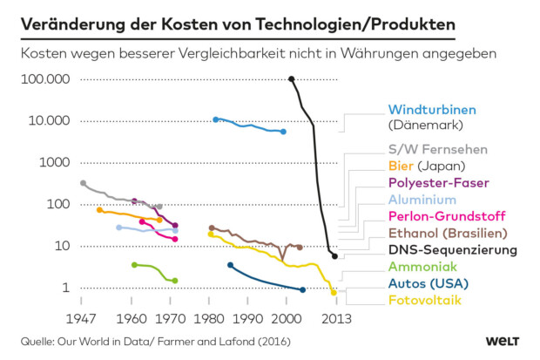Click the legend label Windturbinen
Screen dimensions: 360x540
[432, 110]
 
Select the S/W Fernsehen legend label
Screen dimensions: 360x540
[437, 150]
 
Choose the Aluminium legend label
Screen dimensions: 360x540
[422, 200]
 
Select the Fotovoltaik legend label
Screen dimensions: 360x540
[425, 300]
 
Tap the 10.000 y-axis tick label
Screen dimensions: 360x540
[49, 120]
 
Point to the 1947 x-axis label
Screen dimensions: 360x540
[82, 317]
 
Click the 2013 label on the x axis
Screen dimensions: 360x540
[337, 317]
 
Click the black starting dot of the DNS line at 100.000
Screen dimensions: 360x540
[291, 79]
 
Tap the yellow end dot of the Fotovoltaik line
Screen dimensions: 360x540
[334, 293]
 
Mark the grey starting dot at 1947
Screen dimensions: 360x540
[83, 183]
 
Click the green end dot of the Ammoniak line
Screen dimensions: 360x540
[175, 281]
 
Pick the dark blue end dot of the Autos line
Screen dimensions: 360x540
[302, 290]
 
